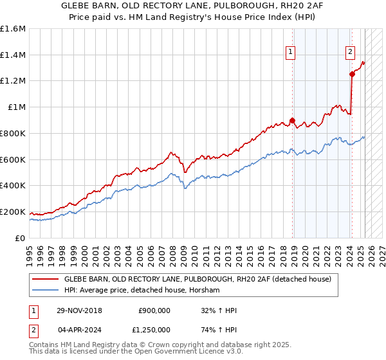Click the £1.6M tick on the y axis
13,29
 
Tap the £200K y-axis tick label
13,212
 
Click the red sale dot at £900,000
292,120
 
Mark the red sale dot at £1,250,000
352,75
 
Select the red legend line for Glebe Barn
45,279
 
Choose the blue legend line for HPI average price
45,291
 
